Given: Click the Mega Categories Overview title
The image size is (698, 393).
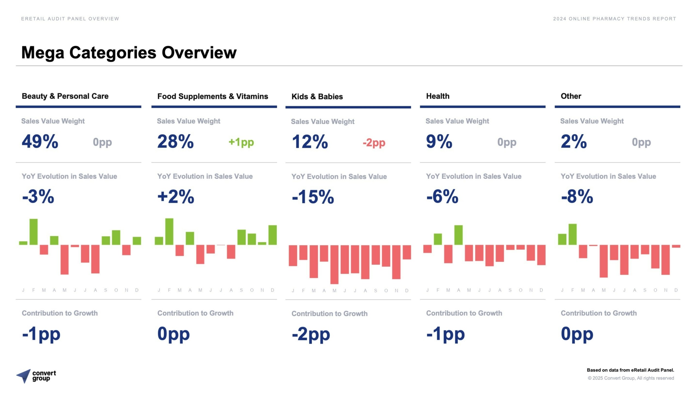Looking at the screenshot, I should (129, 52).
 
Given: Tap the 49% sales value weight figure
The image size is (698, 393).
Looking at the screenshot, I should (40, 142).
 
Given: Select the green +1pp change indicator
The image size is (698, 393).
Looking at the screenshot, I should (241, 142).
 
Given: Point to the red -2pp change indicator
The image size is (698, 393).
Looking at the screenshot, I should (374, 143).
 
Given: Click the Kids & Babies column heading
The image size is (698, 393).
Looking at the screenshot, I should (317, 97).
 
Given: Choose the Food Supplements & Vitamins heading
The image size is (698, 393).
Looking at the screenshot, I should (212, 96).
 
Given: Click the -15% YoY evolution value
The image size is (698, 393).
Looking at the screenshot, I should (313, 197).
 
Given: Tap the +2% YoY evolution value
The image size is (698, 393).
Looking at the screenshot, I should (176, 196).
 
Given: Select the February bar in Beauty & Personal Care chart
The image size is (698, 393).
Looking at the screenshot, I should (34, 232).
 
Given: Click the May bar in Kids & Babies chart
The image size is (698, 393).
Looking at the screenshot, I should (334, 264).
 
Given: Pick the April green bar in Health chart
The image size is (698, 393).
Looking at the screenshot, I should (458, 235).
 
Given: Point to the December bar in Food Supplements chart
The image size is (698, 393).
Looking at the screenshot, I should (272, 235).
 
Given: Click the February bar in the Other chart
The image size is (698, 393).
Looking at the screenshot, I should (572, 234).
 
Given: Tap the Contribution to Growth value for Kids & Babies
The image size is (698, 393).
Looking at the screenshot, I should (311, 334).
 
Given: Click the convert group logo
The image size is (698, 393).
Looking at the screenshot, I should (36, 376).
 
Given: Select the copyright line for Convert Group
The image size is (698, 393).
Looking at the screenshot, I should (631, 378).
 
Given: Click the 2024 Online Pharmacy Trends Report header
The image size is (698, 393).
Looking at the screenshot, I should (614, 19).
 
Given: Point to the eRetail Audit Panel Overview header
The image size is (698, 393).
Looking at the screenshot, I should (70, 19).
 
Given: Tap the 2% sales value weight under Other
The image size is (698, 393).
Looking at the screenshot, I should (574, 142).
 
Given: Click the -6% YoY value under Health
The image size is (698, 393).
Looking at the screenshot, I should (442, 196).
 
